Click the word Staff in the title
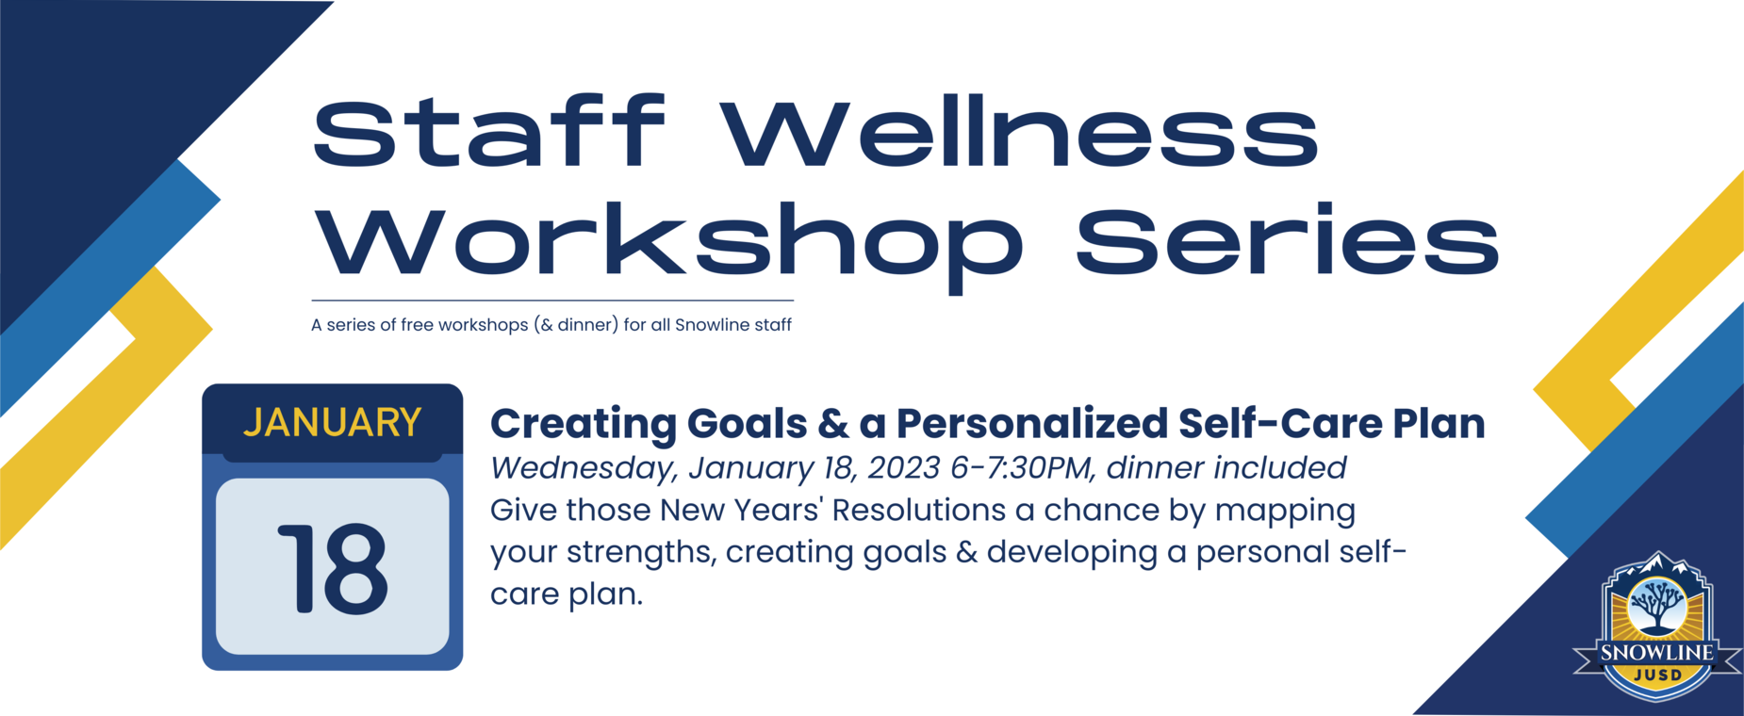(489, 132)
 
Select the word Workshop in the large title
(668, 242)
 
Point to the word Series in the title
(1288, 239)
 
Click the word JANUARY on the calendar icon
(332, 423)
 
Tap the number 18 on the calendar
(333, 568)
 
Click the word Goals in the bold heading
(747, 424)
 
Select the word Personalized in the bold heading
(1032, 424)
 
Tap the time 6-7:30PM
(1023, 467)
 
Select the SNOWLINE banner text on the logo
(1657, 652)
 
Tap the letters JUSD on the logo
(1657, 675)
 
